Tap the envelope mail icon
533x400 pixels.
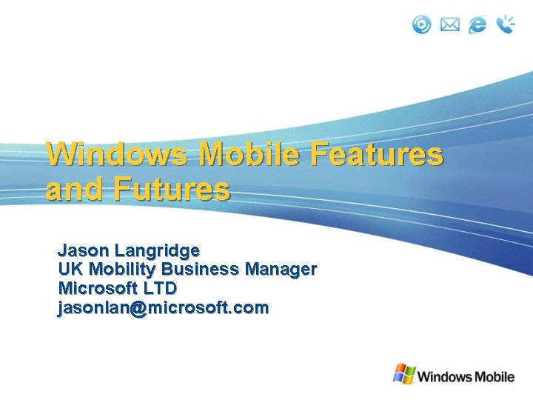click(450, 25)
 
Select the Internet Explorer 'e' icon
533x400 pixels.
click(478, 24)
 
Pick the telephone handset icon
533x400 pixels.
click(506, 24)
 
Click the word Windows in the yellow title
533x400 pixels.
click(118, 155)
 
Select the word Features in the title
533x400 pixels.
click(377, 155)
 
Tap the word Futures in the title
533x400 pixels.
click(172, 190)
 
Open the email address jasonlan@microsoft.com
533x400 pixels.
click(164, 307)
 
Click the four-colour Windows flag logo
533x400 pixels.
click(403, 374)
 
